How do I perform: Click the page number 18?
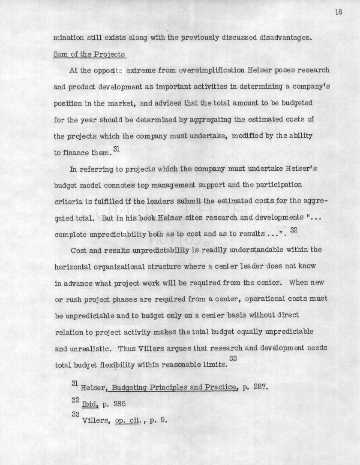click(x=339, y=12)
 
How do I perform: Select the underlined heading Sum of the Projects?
click(x=89, y=54)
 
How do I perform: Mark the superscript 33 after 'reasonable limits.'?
click(x=233, y=359)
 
